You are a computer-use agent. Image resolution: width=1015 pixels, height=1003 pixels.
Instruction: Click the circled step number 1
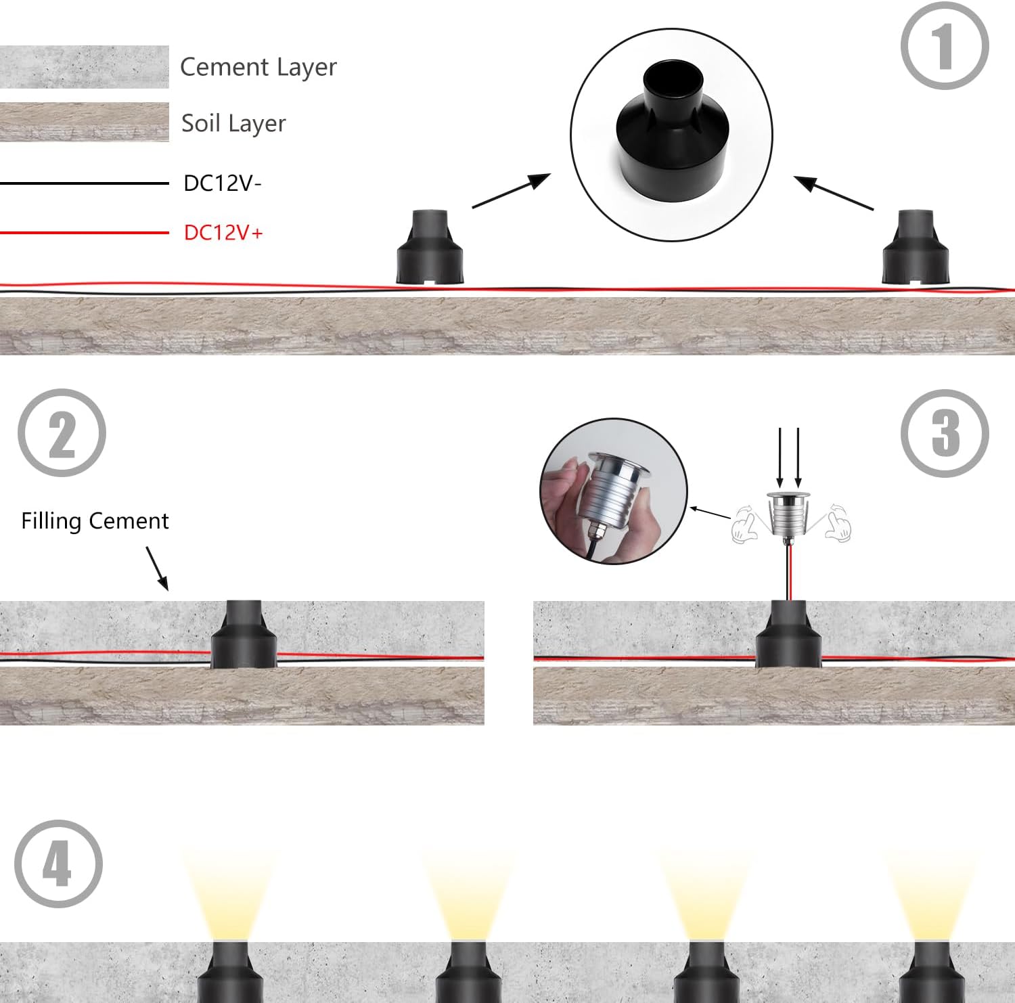[945, 45]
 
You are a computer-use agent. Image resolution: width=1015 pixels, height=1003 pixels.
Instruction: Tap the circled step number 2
[62, 433]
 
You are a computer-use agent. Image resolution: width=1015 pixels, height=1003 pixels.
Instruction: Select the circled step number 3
[945, 433]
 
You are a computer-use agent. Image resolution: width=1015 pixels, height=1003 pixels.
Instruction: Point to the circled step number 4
[58, 864]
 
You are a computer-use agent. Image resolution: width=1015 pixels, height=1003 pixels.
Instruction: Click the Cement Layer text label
[258, 67]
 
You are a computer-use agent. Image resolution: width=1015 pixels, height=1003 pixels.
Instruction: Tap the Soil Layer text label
[233, 123]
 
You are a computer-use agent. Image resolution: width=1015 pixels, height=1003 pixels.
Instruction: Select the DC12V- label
[223, 183]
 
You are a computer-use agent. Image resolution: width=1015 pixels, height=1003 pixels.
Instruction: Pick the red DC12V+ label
[223, 232]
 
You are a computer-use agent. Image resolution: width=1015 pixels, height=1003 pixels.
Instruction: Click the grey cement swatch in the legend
[84, 66]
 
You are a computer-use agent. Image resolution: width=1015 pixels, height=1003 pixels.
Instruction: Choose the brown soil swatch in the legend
[84, 122]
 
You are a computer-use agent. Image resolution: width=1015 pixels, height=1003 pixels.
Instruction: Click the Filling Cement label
[95, 520]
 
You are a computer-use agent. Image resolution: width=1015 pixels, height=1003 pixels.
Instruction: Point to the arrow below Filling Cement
[157, 569]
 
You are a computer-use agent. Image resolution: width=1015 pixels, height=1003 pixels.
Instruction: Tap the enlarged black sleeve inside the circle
[671, 133]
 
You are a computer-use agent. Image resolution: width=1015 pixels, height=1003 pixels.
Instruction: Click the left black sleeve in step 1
[430, 247]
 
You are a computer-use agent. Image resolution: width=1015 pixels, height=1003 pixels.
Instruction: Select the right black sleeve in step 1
[916, 247]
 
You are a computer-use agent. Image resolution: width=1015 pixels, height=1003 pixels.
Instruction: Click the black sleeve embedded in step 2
[244, 634]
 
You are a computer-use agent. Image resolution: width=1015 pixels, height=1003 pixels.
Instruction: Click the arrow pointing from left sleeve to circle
[512, 190]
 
